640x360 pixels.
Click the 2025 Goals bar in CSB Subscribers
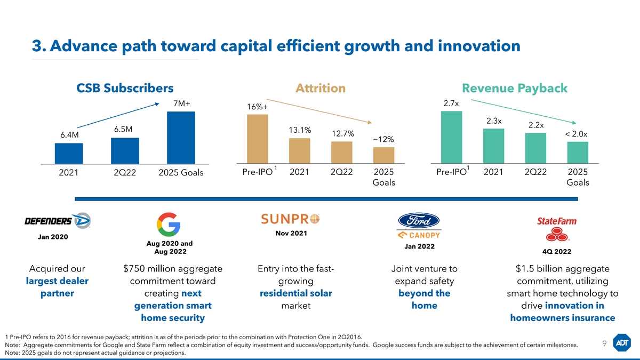click(181, 137)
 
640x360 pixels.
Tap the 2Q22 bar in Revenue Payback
click(535, 148)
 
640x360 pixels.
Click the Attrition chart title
click(321, 89)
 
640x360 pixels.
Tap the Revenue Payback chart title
click(515, 89)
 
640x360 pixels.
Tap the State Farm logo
click(556, 228)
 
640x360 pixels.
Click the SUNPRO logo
click(291, 219)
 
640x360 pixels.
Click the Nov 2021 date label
click(291, 233)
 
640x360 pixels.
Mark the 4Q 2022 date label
click(556, 251)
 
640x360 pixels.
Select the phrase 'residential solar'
click(295, 293)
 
